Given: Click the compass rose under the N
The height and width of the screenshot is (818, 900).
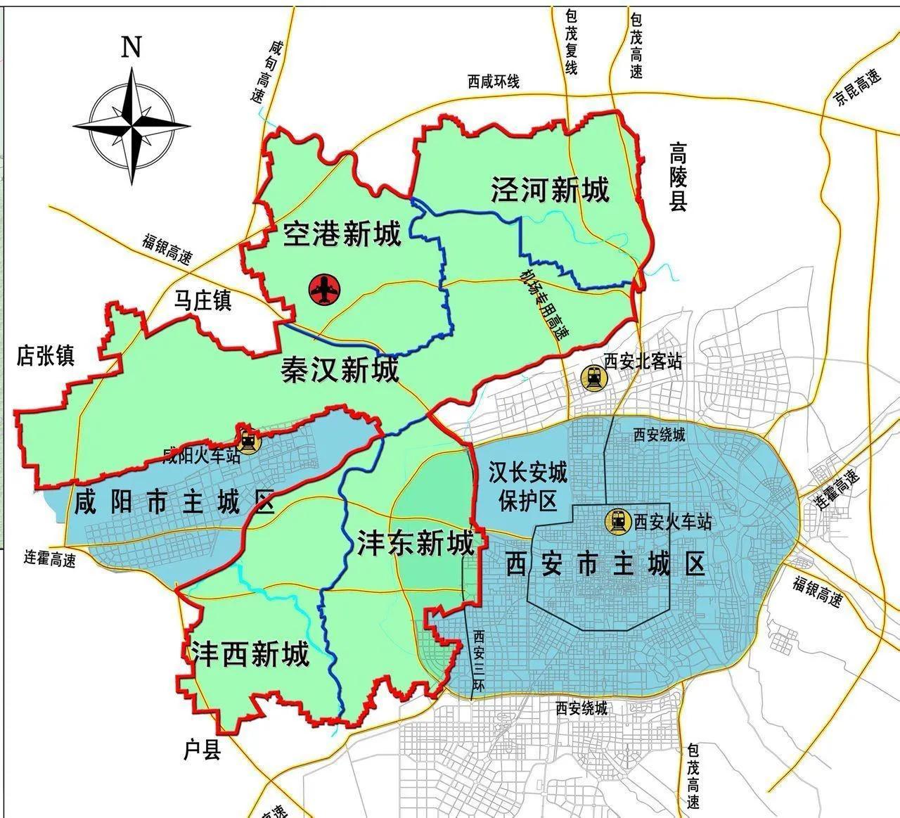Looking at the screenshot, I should click(x=132, y=126).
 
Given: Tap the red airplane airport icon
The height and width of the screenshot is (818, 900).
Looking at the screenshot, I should click(x=324, y=288).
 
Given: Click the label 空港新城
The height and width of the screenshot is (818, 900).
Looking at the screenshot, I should click(x=342, y=234).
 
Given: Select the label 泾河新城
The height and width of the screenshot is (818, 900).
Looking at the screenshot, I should click(x=550, y=190).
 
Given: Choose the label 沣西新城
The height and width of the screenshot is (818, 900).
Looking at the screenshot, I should click(x=250, y=655).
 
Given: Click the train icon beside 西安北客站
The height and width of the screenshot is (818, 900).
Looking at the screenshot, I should click(x=593, y=378).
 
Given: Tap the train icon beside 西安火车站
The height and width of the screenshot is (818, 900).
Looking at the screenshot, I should click(x=619, y=520).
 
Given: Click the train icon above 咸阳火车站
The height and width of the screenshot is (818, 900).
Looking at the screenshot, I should click(x=248, y=440).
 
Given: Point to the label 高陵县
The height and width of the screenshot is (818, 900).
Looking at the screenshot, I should click(x=677, y=177).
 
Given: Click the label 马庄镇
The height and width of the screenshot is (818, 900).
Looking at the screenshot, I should click(x=202, y=301).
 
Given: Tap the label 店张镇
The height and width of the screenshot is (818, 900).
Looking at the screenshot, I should click(x=46, y=356).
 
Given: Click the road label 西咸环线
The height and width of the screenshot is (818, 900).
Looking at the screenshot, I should click(x=494, y=82).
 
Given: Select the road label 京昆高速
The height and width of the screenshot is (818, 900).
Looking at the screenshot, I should click(x=858, y=87).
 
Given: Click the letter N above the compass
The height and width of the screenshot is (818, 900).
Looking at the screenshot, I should click(x=131, y=46).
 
